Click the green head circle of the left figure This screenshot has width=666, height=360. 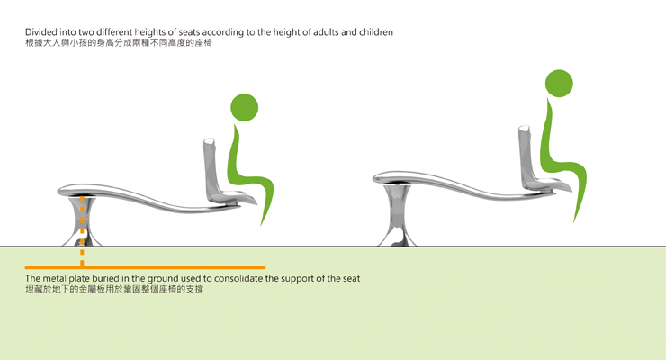[x=244, y=107]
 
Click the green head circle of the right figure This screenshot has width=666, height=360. [x=559, y=83]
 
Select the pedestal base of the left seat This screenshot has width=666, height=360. [x=82, y=221]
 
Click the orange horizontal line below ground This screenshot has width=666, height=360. [x=145, y=267]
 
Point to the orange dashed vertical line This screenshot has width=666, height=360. [x=82, y=231]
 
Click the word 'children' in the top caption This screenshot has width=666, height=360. [x=376, y=32]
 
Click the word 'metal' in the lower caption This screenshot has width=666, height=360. [x=55, y=278]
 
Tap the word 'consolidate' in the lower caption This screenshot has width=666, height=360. [x=238, y=278]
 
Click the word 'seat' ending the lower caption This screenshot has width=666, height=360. [x=351, y=279]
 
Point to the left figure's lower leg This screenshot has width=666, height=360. [x=266, y=202]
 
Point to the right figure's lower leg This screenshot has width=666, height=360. [x=580, y=195]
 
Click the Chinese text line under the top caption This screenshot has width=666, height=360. [x=119, y=43]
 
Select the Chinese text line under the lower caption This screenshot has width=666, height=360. [x=114, y=290]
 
